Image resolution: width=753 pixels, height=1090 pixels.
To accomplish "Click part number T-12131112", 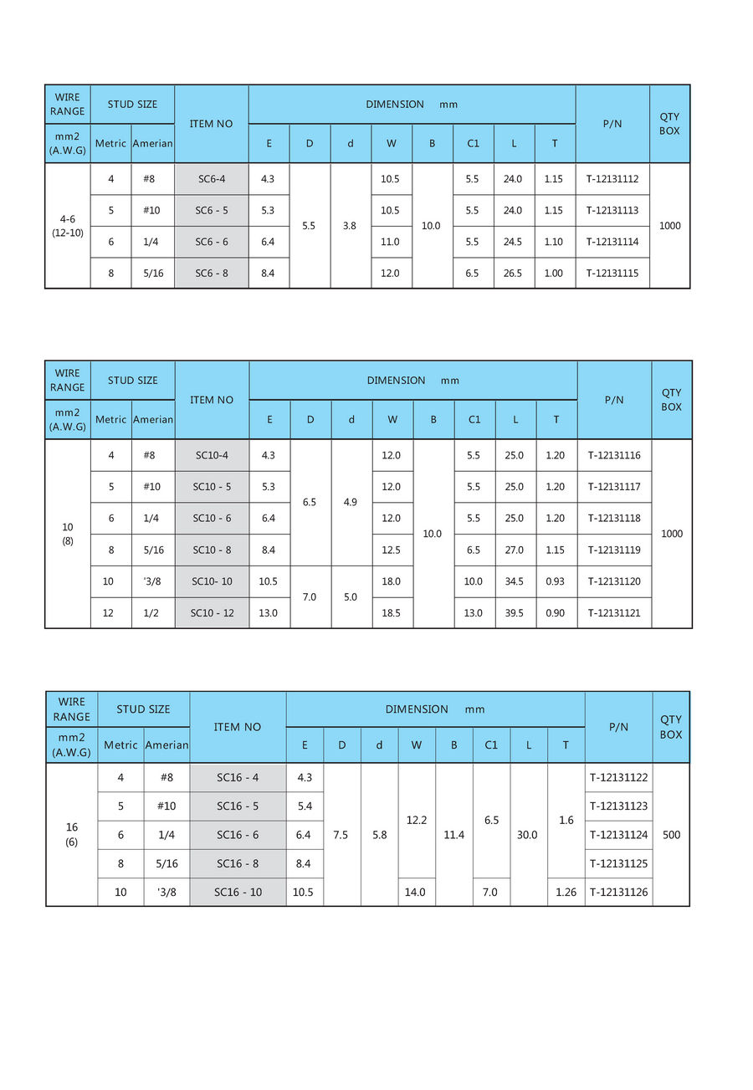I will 612,179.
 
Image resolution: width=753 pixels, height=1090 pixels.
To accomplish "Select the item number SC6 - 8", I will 212,274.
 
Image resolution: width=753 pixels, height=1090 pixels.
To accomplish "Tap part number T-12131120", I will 614,581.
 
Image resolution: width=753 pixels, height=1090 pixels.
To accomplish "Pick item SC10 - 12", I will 212,613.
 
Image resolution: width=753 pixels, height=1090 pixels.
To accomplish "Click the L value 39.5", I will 515,613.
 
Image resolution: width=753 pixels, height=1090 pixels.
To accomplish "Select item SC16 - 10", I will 238,893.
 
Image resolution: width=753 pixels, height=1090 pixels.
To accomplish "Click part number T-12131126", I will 618,893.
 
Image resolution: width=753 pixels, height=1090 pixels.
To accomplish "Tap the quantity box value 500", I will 671,835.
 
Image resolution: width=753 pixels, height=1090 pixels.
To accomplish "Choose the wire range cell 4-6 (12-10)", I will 67,226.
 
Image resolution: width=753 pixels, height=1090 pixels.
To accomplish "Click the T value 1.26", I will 566,893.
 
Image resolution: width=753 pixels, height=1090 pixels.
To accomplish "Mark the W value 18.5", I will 391,613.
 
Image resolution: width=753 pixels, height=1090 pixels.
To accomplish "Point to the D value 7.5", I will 341,835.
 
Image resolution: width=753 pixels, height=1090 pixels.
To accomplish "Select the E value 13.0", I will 269,613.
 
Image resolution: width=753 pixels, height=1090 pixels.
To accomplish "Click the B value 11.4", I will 454,835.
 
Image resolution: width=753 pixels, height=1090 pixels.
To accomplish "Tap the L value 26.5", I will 514,274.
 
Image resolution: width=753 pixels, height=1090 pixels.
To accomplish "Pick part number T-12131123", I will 618,806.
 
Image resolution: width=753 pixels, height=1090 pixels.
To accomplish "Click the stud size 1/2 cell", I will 151,613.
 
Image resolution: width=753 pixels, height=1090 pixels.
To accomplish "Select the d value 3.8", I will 350,226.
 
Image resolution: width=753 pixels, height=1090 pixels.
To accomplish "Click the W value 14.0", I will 415,893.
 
